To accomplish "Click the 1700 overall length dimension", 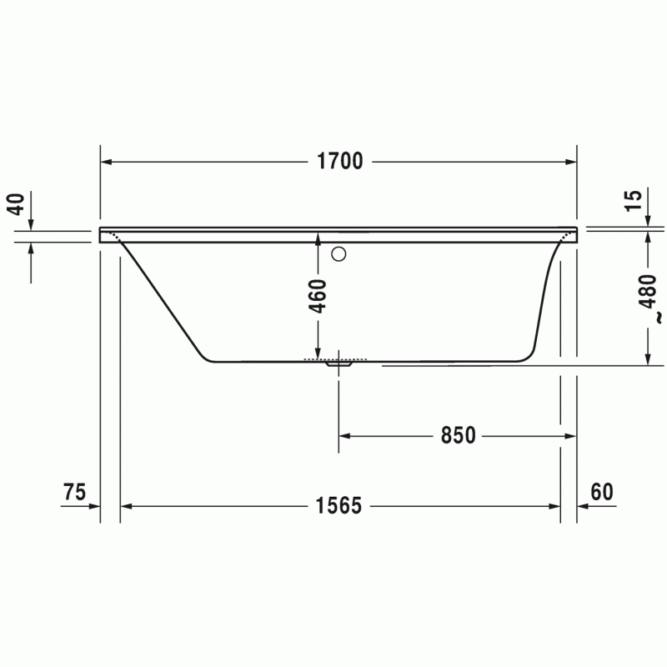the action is [x=340, y=161].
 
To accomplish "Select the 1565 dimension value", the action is [x=339, y=506].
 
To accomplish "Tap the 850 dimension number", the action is [x=458, y=435].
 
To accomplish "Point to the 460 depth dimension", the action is [x=318, y=296].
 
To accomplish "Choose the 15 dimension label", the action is [x=634, y=200].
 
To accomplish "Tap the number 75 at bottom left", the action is [x=74, y=492].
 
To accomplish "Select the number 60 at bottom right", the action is [x=602, y=492].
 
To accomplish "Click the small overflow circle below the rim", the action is [x=339, y=254].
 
